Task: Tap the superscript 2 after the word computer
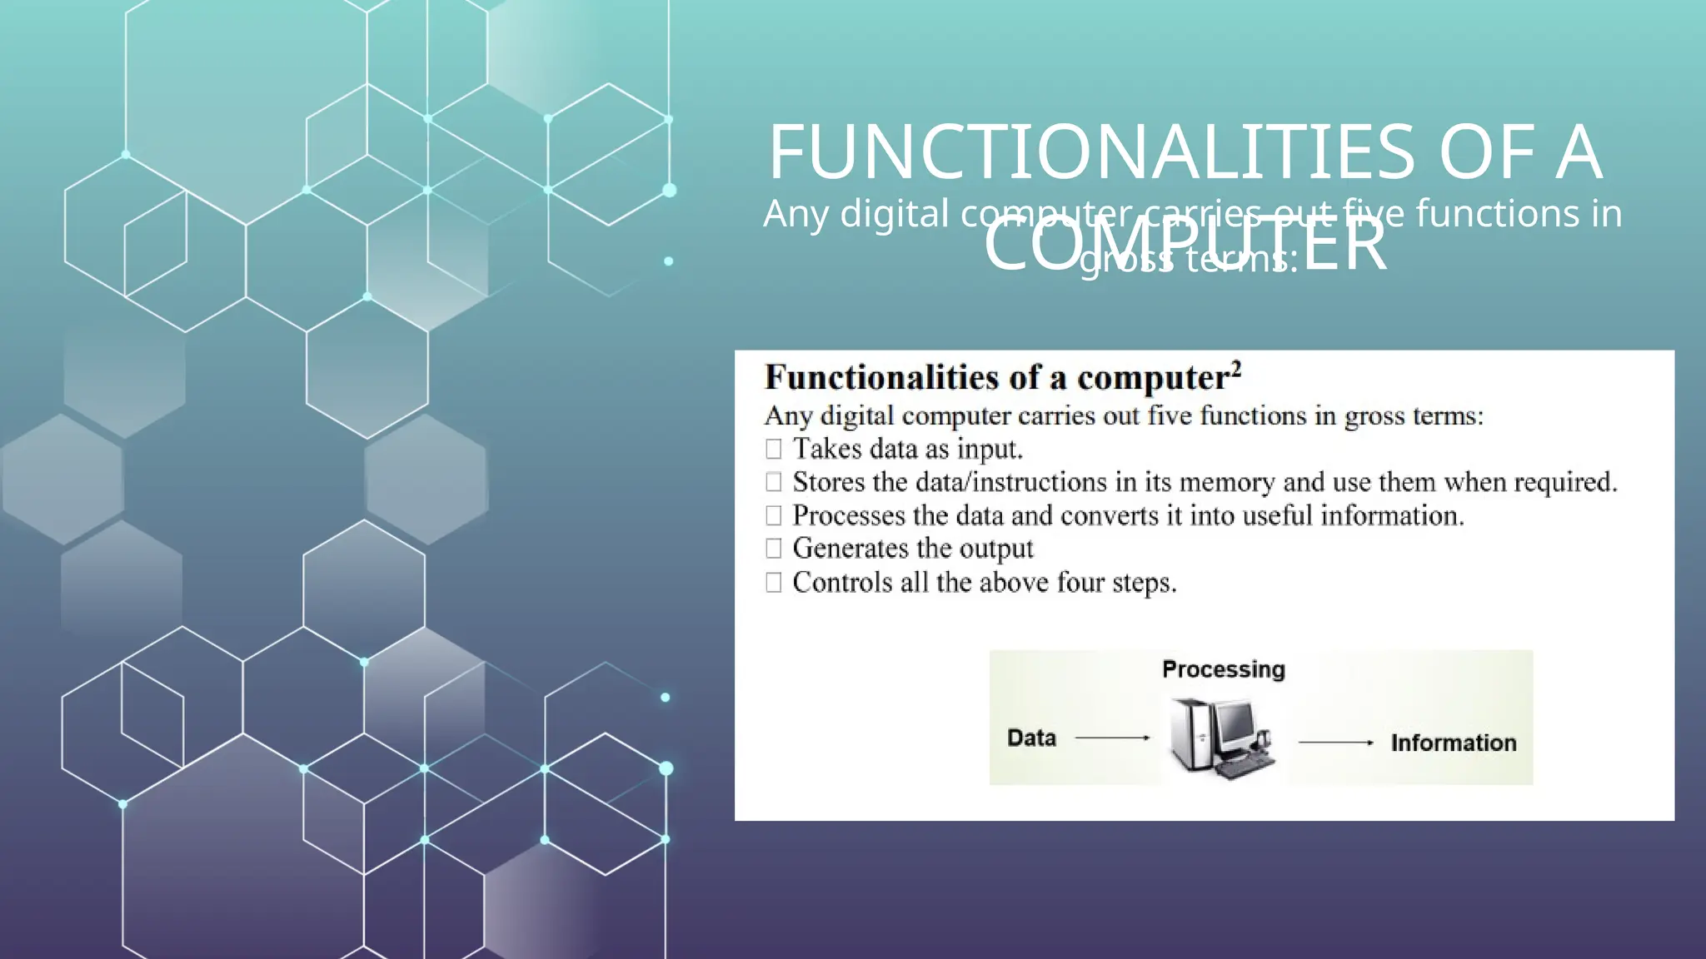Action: [x=1236, y=369]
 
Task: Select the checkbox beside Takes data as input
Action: [x=774, y=450]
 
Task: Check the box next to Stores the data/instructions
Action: [x=774, y=482]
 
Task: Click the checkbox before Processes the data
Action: [x=774, y=516]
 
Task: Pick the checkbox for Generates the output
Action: [x=774, y=549]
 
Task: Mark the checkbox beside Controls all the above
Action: [x=774, y=583]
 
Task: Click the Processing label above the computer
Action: [x=1223, y=669]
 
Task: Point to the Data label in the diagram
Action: [x=1031, y=738]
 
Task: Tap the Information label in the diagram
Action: [x=1453, y=743]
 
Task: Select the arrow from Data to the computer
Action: [x=1112, y=738]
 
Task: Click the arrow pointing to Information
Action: [x=1335, y=743]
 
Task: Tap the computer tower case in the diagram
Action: [x=1190, y=733]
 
